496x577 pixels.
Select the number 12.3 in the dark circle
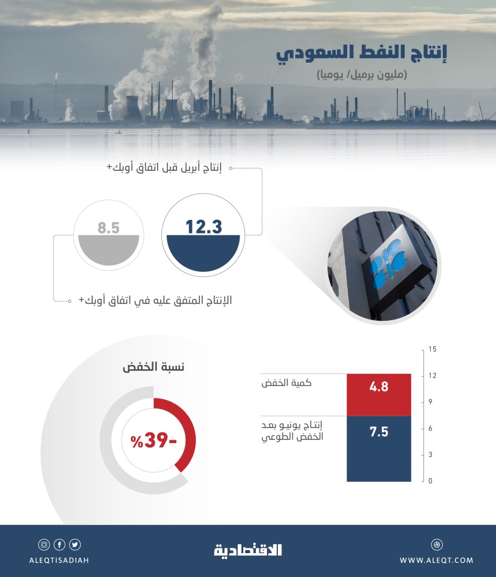(x=203, y=227)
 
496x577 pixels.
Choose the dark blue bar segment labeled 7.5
(x=379, y=448)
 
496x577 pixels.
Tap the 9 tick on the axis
(x=431, y=402)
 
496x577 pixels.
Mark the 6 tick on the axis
(x=431, y=428)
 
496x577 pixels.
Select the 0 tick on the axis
(x=431, y=481)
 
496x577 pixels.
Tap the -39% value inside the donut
(x=154, y=441)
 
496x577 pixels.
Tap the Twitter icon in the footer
(x=75, y=544)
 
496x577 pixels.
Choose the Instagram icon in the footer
(x=44, y=544)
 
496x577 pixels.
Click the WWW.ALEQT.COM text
(x=436, y=560)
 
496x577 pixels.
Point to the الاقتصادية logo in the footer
(x=248, y=550)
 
